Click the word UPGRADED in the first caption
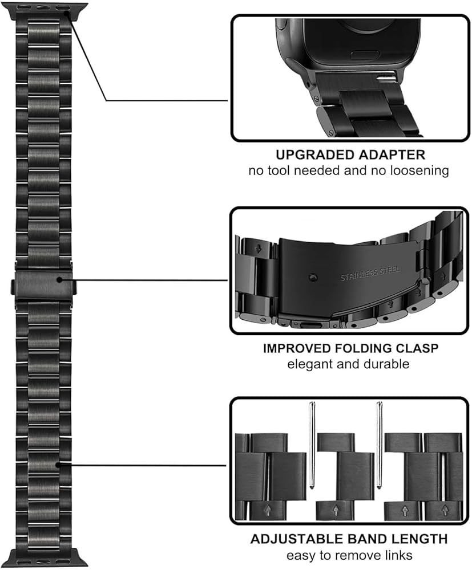tap(308, 154)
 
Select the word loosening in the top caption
tap(420, 170)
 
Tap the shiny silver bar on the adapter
tap(385, 77)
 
